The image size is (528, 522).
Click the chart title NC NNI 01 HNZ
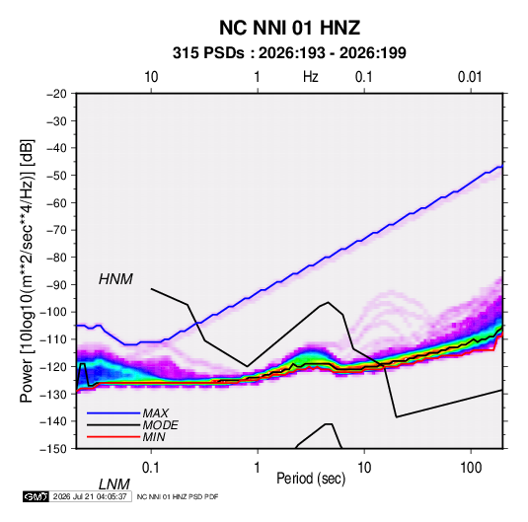[289, 28]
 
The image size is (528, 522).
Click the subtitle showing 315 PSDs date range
[289, 53]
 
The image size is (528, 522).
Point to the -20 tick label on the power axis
[56, 94]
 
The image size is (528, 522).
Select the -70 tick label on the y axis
[56, 230]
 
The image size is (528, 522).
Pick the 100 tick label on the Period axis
[471, 468]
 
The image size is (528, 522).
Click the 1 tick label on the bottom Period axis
[258, 468]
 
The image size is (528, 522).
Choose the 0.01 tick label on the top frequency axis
[470, 77]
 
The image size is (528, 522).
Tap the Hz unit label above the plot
[311, 77]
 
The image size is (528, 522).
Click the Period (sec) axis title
[311, 479]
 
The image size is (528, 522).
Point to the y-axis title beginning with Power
[27, 271]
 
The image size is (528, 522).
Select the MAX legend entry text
[155, 412]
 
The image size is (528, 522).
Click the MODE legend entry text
[160, 425]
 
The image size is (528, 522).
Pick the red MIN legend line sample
[113, 437]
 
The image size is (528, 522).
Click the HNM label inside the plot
[115, 279]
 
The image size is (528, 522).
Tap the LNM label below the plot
[114, 485]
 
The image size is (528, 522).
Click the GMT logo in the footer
[36, 496]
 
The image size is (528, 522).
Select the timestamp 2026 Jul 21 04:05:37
[90, 496]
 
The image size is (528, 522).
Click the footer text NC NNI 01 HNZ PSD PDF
[178, 496]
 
